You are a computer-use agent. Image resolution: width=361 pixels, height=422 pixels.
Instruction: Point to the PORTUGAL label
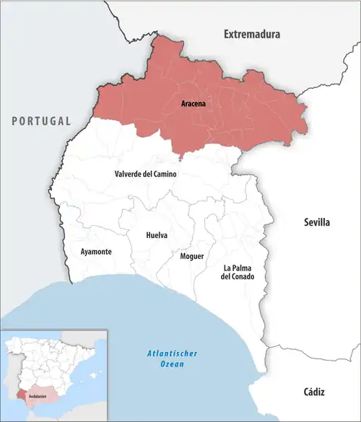(41, 121)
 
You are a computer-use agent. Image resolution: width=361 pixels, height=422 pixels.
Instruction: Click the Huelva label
(157, 235)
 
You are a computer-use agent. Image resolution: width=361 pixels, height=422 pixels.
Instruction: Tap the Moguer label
(191, 256)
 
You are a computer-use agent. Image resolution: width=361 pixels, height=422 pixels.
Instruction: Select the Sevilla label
(316, 223)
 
